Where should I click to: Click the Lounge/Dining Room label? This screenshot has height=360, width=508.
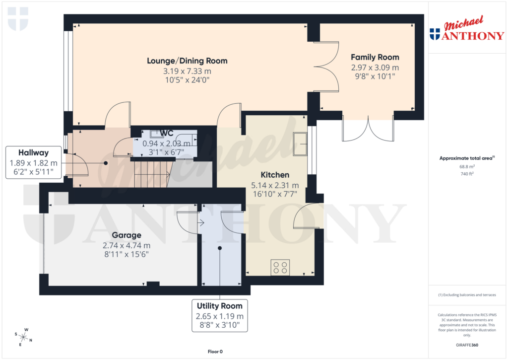pos(187,61)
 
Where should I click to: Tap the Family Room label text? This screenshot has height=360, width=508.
pos(375,57)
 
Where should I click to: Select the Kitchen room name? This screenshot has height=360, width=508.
pos(275,175)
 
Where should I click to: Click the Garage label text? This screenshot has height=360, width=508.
pos(126,235)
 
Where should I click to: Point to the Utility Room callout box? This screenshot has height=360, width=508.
pos(219,316)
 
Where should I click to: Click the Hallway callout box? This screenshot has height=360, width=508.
pos(33,162)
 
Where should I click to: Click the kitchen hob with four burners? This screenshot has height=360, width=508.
pos(280,268)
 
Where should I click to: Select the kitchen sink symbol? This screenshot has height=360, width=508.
pos(300,144)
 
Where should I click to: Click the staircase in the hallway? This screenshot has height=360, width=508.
pos(151,174)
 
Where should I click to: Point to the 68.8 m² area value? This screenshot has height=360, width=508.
pos(466,167)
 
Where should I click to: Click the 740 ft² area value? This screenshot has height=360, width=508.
pos(466,174)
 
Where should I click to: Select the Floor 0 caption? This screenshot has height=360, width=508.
pos(215,352)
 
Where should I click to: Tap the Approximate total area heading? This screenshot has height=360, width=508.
pos(466,158)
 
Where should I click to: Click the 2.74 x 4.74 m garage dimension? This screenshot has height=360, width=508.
pos(126,245)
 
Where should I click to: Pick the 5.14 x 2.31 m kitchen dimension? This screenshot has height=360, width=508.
pos(275,185)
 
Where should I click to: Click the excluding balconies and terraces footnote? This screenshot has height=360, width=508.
pos(466,295)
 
